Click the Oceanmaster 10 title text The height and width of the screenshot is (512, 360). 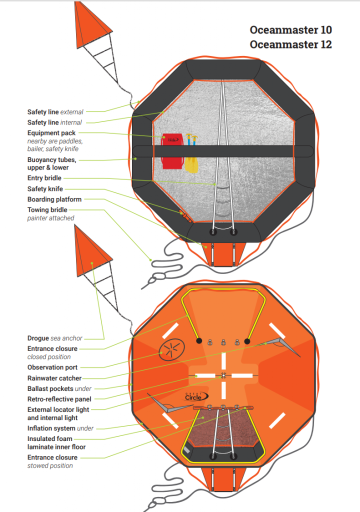(290, 29)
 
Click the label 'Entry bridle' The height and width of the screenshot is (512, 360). (45, 178)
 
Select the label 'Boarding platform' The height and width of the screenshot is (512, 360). (54, 199)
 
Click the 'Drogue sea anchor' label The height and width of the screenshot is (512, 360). (55, 338)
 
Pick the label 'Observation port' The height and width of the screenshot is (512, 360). (52, 367)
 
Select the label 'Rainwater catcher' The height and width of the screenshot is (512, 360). (54, 378)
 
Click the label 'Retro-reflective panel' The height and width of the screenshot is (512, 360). (59, 399)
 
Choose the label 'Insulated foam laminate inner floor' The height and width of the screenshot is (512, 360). (56, 442)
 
